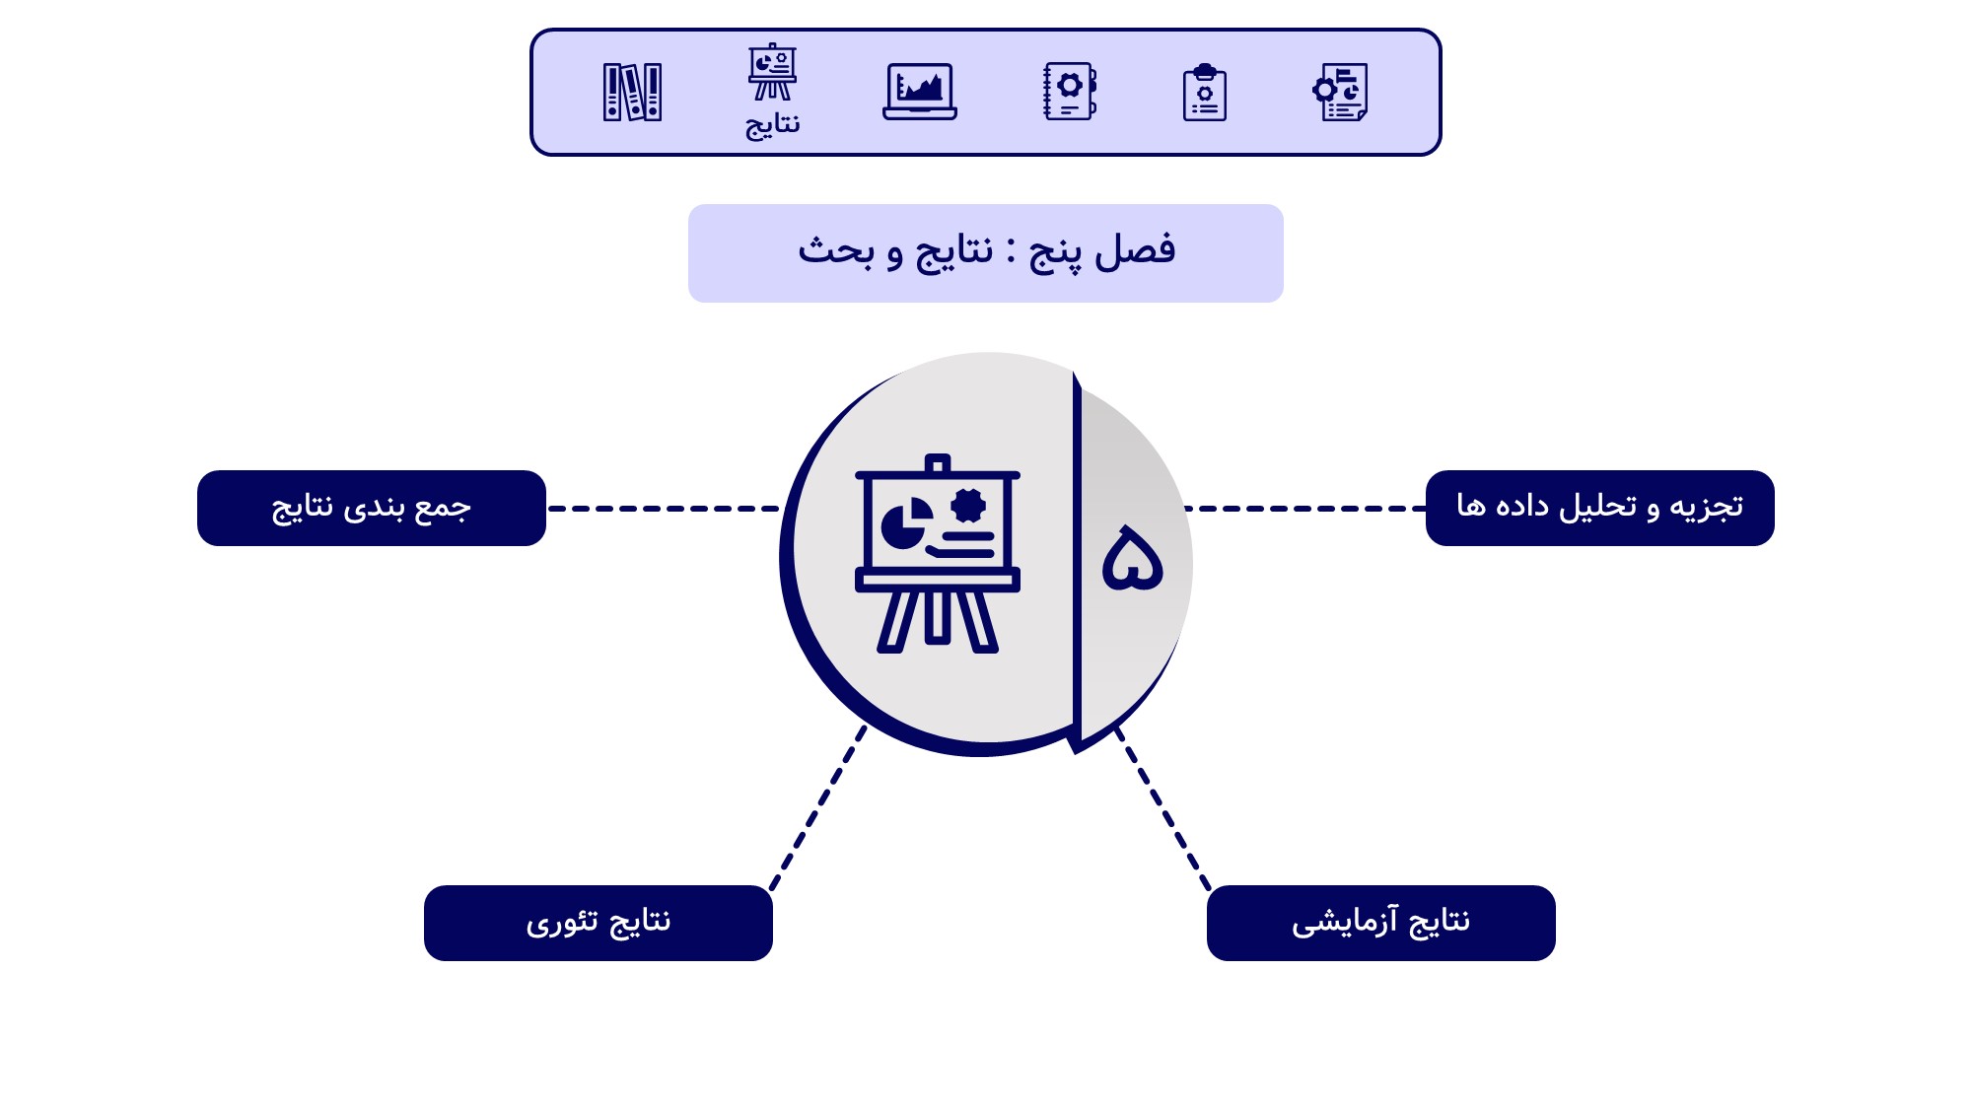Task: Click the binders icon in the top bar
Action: pos(632,92)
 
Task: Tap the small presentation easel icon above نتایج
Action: pos(772,72)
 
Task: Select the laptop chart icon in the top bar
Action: pos(919,92)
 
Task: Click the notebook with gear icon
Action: pos(1070,92)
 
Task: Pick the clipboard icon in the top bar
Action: pos(1204,93)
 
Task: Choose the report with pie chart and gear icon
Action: pos(1341,92)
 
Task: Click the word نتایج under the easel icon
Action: pos(772,125)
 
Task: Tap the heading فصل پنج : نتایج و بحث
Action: pos(986,252)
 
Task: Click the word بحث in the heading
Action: pos(836,251)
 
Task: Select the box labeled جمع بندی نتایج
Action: pos(372,508)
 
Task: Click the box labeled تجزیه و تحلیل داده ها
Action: pos(1599,508)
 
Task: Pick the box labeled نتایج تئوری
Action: pos(599,923)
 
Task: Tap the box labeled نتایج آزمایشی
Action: pos(1380,923)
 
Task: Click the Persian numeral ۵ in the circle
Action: pos(1132,558)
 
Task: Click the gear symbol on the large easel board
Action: pos(969,506)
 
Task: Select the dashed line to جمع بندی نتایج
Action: pos(663,509)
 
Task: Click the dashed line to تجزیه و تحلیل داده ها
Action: pos(1304,509)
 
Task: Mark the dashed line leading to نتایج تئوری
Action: pos(817,808)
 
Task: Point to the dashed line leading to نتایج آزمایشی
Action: pos(1162,808)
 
